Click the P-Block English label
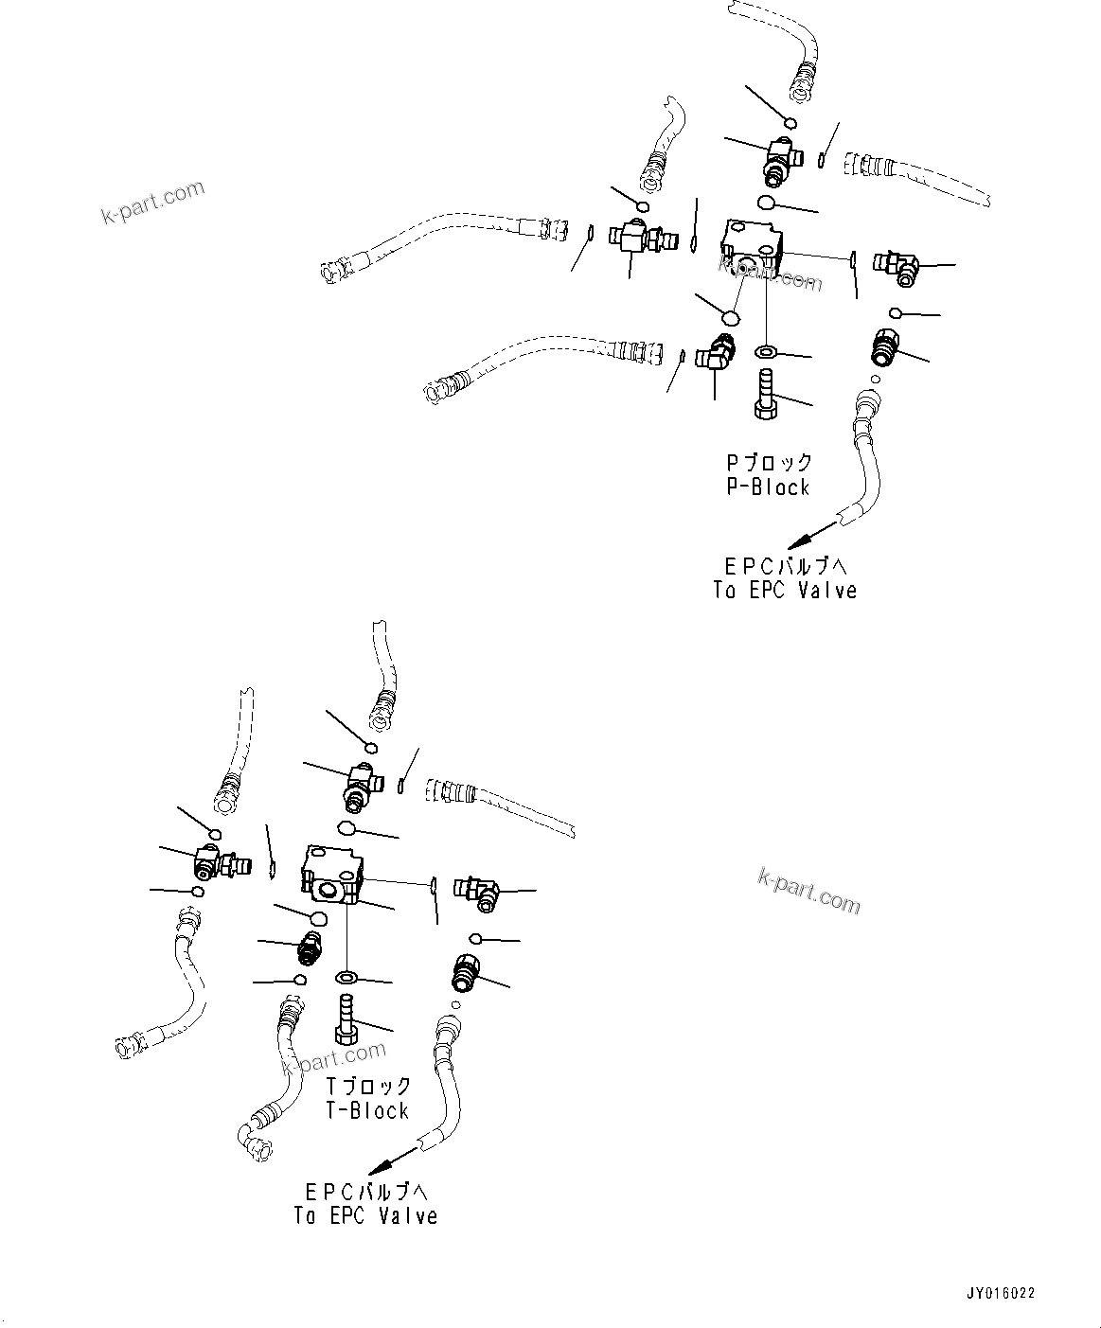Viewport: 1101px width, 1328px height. (768, 487)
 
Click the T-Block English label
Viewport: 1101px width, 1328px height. (367, 1111)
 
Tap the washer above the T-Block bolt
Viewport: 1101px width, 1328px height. (346, 976)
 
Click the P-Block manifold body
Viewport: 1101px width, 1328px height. (751, 247)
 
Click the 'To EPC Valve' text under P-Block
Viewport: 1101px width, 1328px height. (785, 591)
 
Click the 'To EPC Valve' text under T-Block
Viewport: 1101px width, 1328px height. (365, 1215)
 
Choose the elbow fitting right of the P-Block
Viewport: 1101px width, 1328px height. (897, 266)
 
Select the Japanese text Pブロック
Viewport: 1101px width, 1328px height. (769, 463)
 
